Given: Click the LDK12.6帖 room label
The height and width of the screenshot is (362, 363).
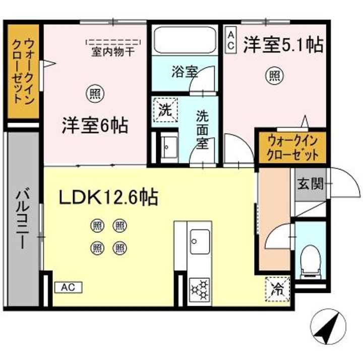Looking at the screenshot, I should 109,197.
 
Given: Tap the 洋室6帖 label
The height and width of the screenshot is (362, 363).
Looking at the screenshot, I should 95,125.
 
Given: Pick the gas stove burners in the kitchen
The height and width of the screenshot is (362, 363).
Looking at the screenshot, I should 199,290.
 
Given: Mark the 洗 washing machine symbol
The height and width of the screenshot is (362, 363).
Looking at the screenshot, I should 165,109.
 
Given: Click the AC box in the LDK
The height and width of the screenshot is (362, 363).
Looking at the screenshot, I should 68,287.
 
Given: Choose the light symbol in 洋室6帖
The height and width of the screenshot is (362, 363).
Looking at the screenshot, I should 94,92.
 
